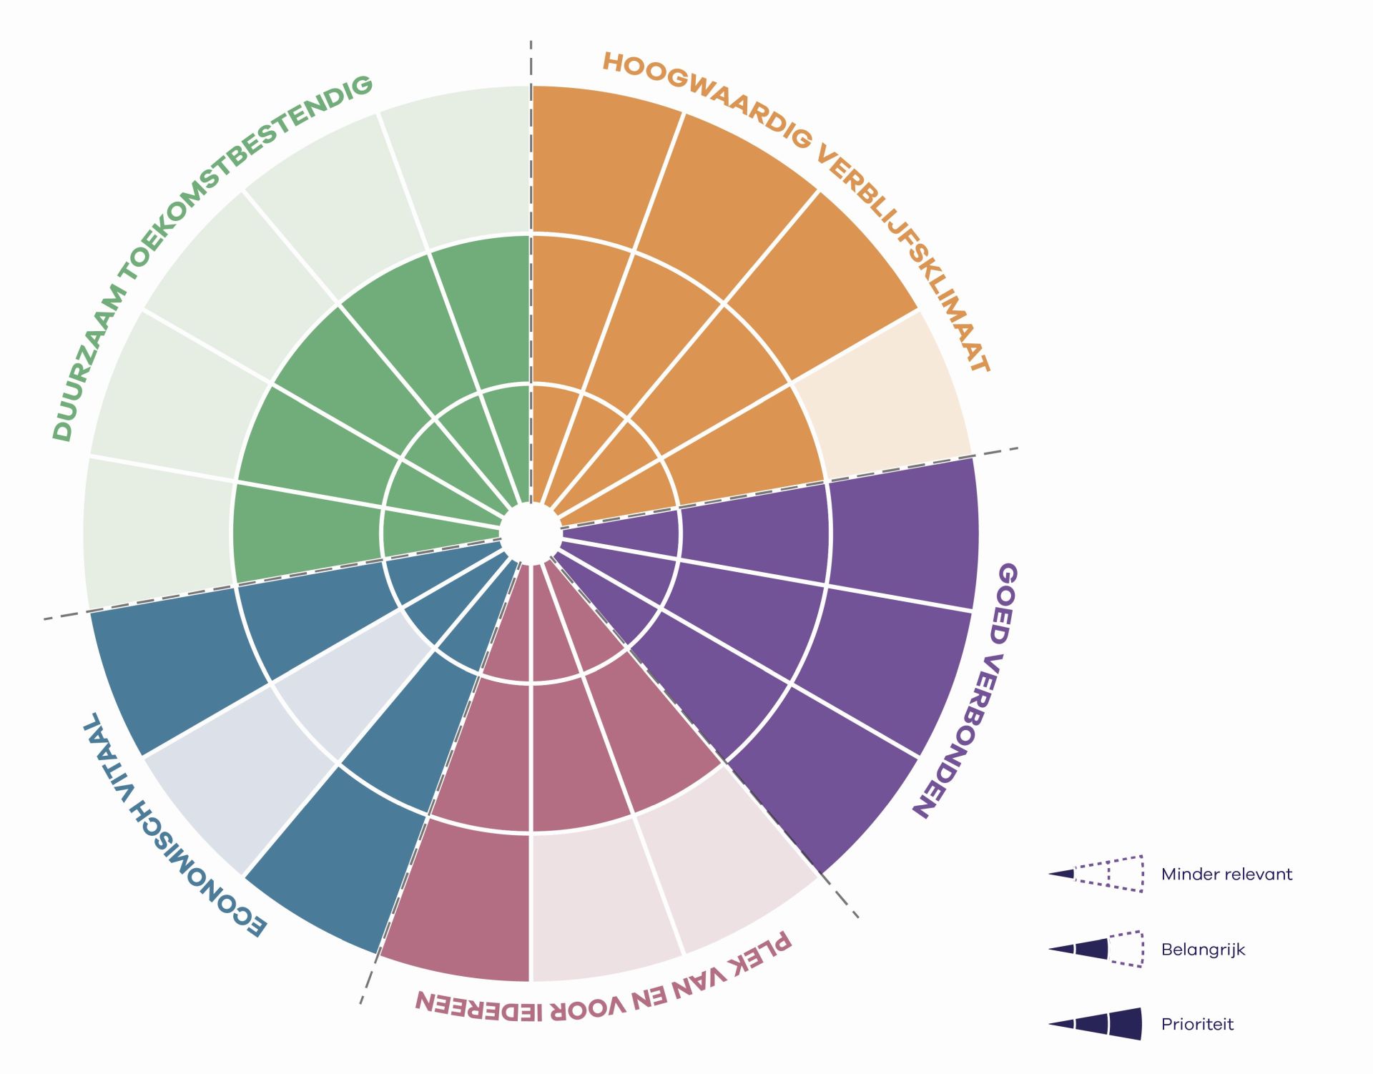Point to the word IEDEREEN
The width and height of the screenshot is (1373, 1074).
(478, 1005)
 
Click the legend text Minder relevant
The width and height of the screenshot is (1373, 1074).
(1226, 874)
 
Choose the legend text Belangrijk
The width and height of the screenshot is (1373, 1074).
(1203, 950)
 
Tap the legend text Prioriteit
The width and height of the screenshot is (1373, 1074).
(1197, 1024)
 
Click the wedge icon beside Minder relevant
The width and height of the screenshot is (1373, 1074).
(1096, 874)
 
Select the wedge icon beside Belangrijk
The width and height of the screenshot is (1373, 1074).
(1096, 949)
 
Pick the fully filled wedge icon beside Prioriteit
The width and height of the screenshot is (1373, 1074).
(1096, 1024)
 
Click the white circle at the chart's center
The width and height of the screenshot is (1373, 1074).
(531, 533)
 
